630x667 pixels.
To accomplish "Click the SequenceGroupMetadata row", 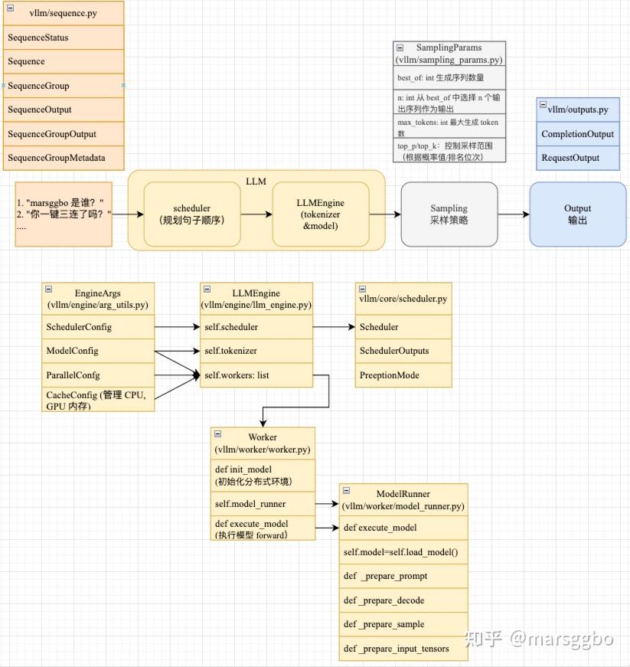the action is point(64,158).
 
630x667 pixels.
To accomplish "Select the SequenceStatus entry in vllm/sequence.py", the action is point(64,38).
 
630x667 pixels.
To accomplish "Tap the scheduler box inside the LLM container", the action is point(192,214).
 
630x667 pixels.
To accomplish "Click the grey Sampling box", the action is point(449,214).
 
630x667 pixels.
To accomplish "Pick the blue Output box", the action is point(578,214).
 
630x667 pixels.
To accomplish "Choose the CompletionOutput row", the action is point(578,134).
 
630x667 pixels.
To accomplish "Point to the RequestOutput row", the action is point(578,158).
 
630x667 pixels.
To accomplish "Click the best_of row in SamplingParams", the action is point(449,77).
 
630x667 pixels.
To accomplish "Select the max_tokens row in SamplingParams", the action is point(449,127).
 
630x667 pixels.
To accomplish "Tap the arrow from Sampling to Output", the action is point(514,214).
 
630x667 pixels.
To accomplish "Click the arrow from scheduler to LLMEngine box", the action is point(256,214).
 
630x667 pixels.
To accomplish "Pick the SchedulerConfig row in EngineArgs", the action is point(98,327).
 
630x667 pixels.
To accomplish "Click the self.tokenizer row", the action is point(256,351).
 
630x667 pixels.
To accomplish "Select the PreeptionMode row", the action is point(403,375).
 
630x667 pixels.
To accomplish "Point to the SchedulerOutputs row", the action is point(403,351).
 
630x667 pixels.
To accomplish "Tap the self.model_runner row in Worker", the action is point(263,504).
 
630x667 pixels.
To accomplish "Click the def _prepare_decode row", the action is point(403,600).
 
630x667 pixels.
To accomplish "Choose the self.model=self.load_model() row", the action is point(403,552).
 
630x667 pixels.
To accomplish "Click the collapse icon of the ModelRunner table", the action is point(347,490).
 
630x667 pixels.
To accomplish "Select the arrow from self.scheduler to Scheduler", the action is point(334,327).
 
